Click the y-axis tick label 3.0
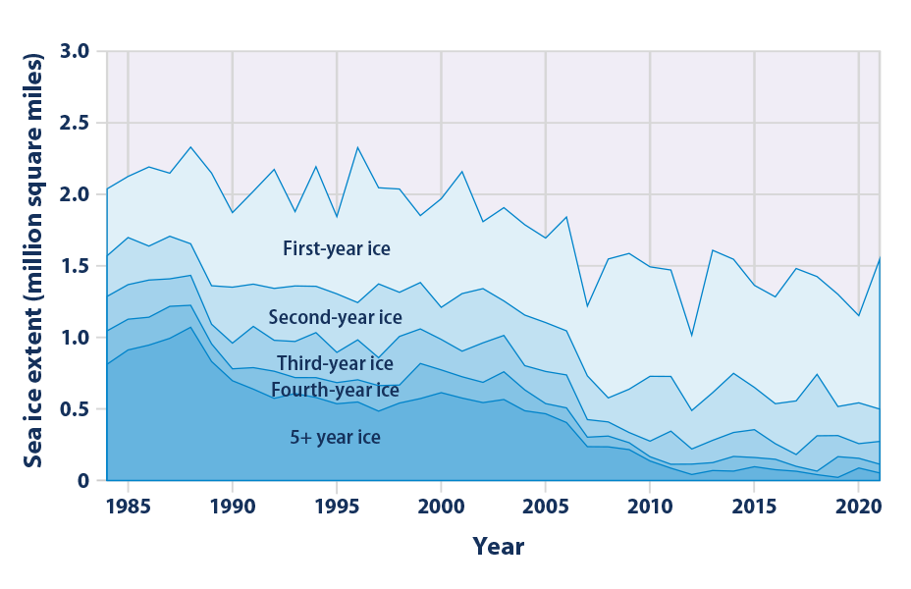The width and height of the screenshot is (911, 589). point(75,51)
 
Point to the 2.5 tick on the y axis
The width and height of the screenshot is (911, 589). point(75,123)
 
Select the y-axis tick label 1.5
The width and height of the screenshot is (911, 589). point(75,266)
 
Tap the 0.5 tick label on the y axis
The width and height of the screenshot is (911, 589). point(75,409)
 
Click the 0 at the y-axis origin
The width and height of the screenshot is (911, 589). point(85,481)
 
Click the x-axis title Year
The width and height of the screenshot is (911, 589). point(498,547)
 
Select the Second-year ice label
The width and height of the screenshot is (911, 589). point(335,317)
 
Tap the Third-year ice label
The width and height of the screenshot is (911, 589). point(335,364)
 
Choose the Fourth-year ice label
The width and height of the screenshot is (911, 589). point(335,391)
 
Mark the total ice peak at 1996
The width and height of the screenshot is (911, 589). point(358,147)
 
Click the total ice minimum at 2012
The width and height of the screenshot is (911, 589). point(692,337)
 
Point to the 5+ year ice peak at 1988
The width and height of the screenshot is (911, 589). point(190,327)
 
